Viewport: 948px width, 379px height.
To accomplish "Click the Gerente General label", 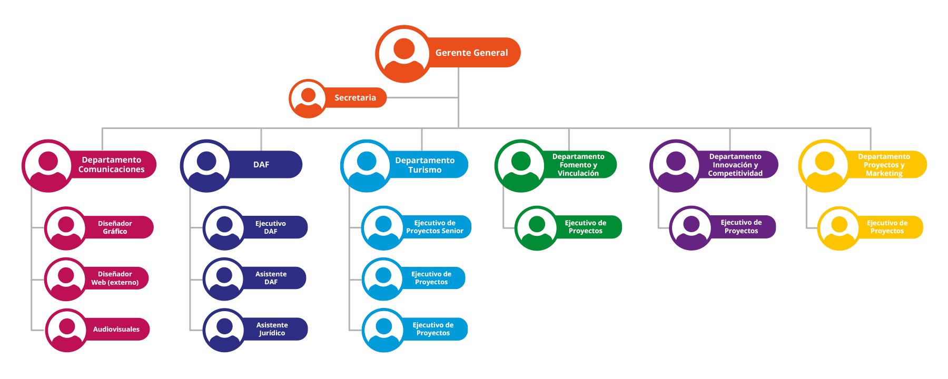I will [x=471, y=53].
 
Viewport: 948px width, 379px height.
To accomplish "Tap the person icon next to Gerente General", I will [x=403, y=54].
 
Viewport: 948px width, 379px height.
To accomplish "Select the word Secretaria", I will [x=355, y=98].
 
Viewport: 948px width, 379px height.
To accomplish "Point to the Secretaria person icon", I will [x=308, y=98].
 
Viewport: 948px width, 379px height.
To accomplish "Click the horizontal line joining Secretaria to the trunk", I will [x=421, y=97].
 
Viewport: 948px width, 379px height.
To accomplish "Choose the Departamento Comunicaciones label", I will [x=111, y=165].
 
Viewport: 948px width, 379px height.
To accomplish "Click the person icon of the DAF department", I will [x=206, y=165].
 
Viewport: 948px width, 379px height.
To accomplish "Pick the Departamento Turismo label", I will [x=424, y=165].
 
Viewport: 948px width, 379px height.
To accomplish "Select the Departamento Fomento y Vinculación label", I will [x=578, y=165].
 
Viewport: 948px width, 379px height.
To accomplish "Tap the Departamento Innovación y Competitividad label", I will [x=735, y=165].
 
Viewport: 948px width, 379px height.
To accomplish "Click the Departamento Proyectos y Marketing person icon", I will [x=824, y=165].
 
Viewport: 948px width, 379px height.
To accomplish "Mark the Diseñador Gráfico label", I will [x=115, y=227].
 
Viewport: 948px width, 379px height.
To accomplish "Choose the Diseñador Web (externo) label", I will [x=115, y=278].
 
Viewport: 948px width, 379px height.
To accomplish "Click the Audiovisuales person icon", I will [x=66, y=330].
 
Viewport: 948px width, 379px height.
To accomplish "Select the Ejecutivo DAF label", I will [x=271, y=227].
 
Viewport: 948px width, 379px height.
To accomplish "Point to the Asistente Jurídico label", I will [x=272, y=329].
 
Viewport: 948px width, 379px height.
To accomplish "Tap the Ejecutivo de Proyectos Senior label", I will [x=434, y=227].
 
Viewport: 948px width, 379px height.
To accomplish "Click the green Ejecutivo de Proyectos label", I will [x=585, y=227].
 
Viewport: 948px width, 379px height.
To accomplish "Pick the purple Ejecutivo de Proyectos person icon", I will [x=691, y=227].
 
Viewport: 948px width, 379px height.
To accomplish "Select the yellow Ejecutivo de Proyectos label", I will [x=887, y=227].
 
